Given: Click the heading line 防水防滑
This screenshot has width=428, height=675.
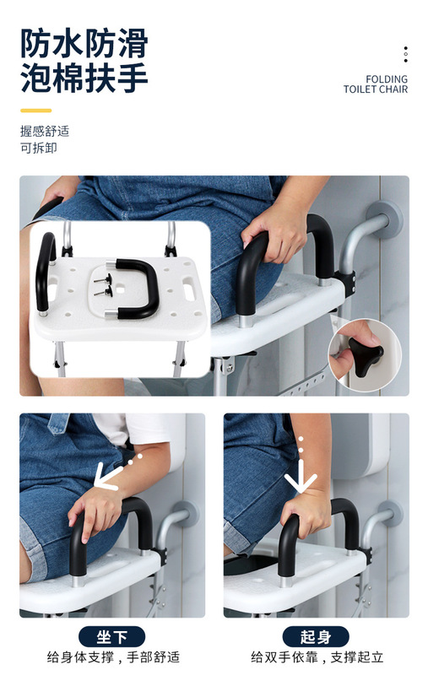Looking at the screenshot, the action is point(84,44).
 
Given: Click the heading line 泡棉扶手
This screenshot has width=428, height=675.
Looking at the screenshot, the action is point(84,78).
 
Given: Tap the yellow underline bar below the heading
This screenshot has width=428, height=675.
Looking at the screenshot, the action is point(35,111).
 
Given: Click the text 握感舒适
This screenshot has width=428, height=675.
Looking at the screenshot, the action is point(45,131).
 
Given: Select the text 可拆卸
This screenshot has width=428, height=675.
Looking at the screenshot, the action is point(39,148).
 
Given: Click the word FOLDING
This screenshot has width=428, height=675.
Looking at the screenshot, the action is point(387,79).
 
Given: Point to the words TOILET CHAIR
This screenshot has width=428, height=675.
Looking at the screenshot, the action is point(375,89).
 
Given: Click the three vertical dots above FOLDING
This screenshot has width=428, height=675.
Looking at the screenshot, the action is point(405,54).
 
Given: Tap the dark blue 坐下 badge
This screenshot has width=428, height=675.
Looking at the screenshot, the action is point(111,637).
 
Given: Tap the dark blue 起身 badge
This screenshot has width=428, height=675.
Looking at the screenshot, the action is point(316,637).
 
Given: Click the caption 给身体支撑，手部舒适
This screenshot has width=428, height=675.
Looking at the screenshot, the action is point(113,657).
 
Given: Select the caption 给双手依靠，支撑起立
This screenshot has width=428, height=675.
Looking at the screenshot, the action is point(317,657).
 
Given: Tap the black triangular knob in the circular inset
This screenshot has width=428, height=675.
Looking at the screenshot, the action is point(366,356).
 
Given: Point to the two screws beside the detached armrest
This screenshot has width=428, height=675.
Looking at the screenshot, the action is point(103,285).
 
